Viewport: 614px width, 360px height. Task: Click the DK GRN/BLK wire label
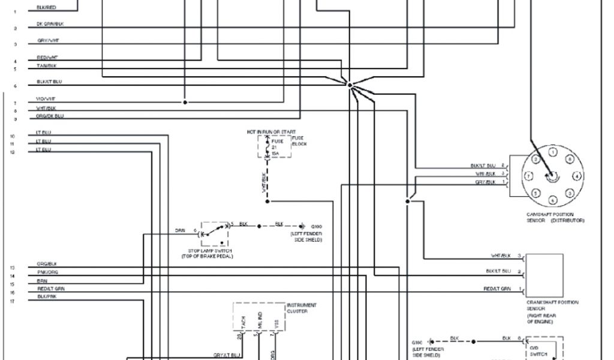[x=50, y=25]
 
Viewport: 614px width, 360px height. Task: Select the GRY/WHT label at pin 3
[x=48, y=40]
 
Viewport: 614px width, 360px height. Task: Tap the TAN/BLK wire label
[x=46, y=65]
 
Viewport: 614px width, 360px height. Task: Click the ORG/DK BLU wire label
[x=50, y=115]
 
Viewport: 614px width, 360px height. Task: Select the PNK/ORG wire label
[x=47, y=272]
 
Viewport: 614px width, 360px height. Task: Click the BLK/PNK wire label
[x=46, y=296]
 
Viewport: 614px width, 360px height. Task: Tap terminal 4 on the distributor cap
[x=576, y=176]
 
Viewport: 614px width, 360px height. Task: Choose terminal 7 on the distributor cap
[x=528, y=176]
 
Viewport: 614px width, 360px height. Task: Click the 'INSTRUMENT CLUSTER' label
[x=302, y=308]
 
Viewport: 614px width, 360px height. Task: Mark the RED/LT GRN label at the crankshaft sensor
[x=497, y=289]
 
